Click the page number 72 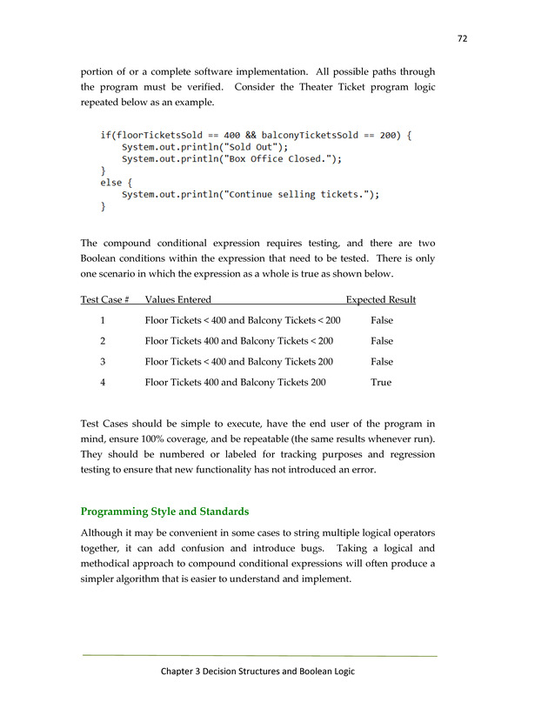tap(461, 38)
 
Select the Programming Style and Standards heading tap(164, 511)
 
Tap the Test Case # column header tap(104, 300)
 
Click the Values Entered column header tap(177, 300)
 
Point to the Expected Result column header tap(380, 300)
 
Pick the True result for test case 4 tap(381, 382)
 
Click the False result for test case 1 tap(381, 321)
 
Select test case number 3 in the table tap(103, 362)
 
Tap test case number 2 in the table tap(103, 341)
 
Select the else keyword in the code tap(110, 183)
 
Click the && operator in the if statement tap(250, 135)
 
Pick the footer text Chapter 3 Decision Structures tap(257, 672)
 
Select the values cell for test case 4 tap(235, 382)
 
